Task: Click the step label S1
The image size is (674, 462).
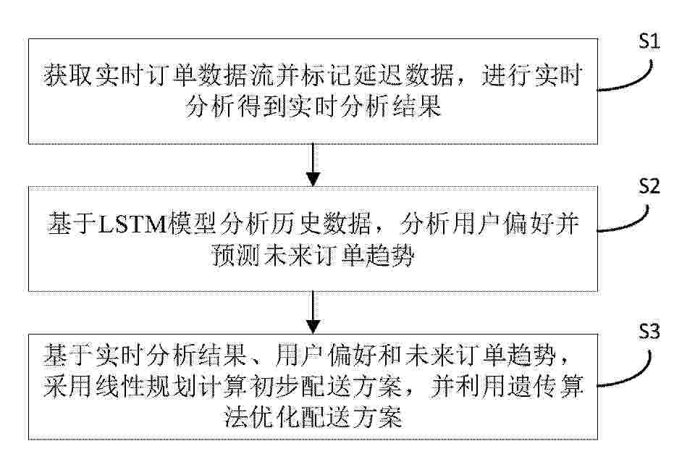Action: (649, 41)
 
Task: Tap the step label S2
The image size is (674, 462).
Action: (649, 186)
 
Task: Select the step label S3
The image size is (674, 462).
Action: (649, 332)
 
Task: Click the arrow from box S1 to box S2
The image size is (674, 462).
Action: (313, 164)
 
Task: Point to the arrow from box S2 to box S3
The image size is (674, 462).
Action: (313, 312)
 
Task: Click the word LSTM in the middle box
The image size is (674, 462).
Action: (132, 224)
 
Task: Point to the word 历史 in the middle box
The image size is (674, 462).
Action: (295, 224)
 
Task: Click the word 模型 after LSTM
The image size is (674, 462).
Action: (192, 224)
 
